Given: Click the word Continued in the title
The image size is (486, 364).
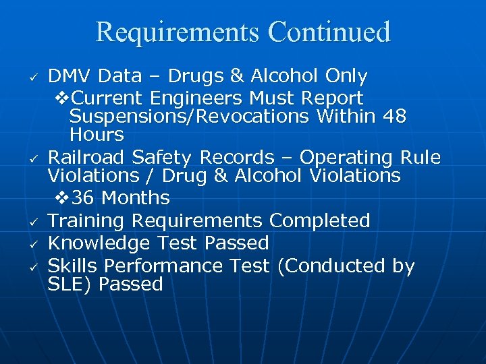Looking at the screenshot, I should click(x=329, y=32).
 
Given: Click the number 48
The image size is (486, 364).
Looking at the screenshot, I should click(x=394, y=116).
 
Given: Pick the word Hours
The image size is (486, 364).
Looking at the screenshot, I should click(x=97, y=134).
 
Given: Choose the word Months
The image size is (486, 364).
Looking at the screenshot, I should click(x=135, y=198).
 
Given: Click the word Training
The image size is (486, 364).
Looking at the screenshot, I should click(x=86, y=220).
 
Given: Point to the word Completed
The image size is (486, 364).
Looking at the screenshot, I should click(x=319, y=220).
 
